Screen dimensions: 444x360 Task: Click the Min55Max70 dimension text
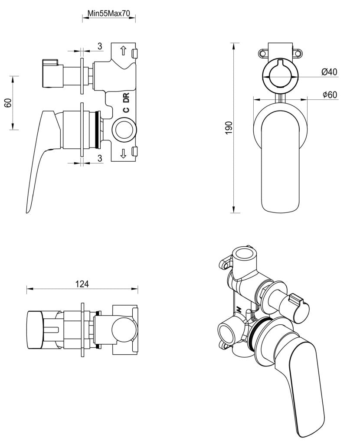tap(109, 13)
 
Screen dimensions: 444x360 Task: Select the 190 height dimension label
tap(229, 128)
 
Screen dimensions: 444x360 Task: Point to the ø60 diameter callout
tap(330, 95)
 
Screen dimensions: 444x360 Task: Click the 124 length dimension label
tap(82, 284)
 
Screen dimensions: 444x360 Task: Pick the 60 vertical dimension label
tap(7, 103)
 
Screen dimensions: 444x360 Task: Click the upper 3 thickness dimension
tap(99, 46)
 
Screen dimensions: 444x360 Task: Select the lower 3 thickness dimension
tap(100, 159)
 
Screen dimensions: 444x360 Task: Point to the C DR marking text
tap(126, 103)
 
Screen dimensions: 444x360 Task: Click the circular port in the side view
tap(123, 130)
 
